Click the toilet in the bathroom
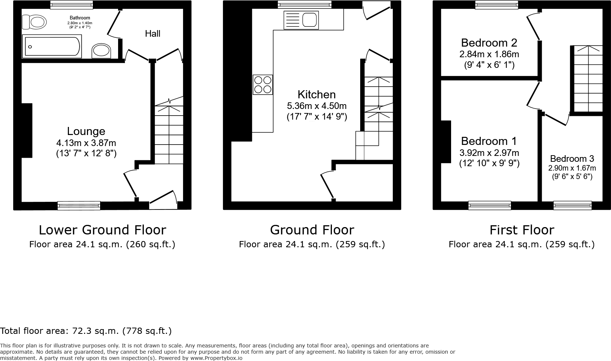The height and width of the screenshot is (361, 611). click(x=34, y=22)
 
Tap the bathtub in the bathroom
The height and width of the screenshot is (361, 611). click(x=52, y=47)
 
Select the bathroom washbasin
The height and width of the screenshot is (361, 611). click(x=101, y=51)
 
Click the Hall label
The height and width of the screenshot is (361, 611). click(x=153, y=34)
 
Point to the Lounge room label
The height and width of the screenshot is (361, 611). click(x=86, y=131)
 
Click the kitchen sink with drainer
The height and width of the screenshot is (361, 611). click(x=301, y=20)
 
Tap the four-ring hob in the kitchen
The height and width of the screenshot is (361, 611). click(x=263, y=84)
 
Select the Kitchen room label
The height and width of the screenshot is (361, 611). click(x=317, y=94)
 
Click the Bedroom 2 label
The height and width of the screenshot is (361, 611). click(x=489, y=43)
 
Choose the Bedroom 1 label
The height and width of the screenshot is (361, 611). click(x=489, y=141)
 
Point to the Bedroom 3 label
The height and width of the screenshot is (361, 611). click(x=572, y=159)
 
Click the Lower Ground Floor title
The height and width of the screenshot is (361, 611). click(x=102, y=230)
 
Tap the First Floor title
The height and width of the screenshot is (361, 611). click(x=522, y=230)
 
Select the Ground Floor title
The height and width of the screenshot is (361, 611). click(x=312, y=230)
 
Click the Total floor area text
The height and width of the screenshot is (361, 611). click(x=86, y=331)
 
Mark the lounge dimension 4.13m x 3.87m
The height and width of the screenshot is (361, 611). click(x=86, y=143)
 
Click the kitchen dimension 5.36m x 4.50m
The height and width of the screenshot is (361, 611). click(x=317, y=106)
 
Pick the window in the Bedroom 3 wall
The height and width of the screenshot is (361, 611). click(x=572, y=205)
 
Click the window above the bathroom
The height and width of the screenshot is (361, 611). click(x=72, y=5)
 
